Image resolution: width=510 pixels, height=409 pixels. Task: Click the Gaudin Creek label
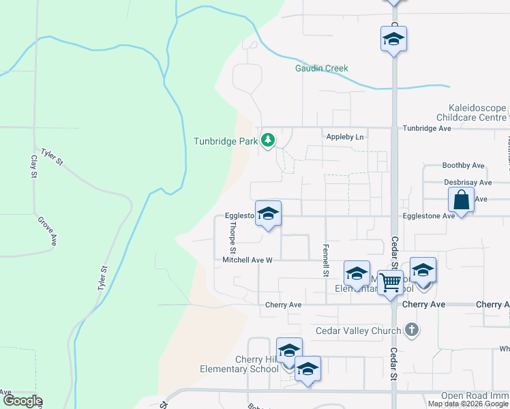321,68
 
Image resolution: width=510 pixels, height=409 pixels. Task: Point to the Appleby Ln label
345,137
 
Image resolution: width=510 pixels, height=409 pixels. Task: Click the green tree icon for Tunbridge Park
269,140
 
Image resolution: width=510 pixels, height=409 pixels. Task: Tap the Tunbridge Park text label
226,141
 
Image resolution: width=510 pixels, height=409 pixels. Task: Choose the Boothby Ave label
463,166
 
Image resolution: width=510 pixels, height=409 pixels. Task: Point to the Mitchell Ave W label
247,260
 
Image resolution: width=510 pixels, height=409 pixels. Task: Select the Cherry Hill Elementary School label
239,364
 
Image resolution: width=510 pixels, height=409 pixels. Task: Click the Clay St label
33,166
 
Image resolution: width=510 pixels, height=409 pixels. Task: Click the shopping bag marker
462,200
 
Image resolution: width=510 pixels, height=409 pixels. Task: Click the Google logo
22,402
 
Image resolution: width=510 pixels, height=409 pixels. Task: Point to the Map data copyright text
467,404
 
